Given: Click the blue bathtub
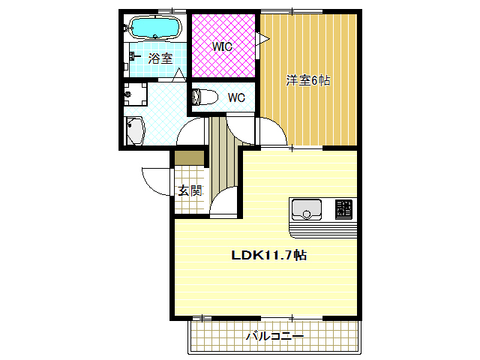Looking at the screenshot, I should (x=155, y=28).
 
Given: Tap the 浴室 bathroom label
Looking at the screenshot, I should (x=160, y=58).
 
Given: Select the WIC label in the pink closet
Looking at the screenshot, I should (x=221, y=46).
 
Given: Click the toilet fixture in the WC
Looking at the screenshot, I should (x=204, y=97).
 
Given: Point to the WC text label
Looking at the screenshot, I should (x=236, y=97).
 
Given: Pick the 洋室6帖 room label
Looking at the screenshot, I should (x=307, y=80).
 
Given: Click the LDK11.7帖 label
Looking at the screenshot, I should (x=268, y=255).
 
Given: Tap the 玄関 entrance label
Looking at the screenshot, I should (x=189, y=190).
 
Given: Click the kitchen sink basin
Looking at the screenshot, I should (x=306, y=208).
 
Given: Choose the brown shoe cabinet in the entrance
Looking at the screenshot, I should (x=189, y=158).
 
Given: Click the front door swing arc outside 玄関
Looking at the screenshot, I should (x=154, y=180).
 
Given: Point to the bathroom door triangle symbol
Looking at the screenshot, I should (x=178, y=74).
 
